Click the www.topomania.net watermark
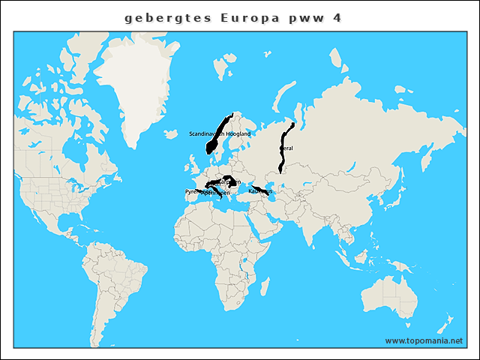tap(424, 340)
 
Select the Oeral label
tap(286, 148)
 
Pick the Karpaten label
tap(228, 181)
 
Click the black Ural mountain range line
tap(283, 142)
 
